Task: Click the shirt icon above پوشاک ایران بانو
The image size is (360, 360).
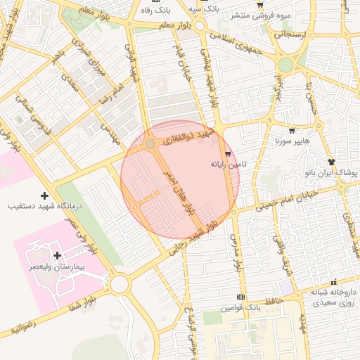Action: [x=332, y=161]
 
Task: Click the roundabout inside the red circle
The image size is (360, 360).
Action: [x=150, y=143]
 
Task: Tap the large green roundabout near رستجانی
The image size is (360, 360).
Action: [x=285, y=65]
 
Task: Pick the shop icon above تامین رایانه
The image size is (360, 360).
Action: [x=227, y=153]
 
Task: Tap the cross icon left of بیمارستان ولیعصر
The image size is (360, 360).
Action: [x=57, y=255]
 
